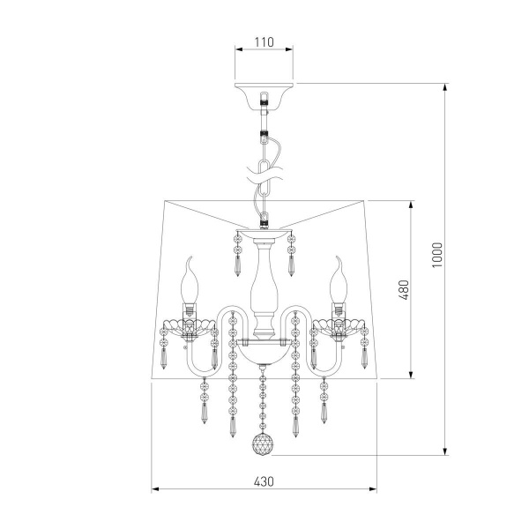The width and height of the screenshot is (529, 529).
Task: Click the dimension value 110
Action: point(264,42)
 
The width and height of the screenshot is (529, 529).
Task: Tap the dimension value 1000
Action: point(437,255)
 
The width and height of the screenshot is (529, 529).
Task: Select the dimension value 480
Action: point(404,290)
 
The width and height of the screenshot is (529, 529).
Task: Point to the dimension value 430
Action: point(264,481)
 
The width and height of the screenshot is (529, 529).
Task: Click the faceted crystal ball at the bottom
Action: point(264,444)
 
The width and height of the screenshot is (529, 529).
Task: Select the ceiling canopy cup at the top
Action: point(264,96)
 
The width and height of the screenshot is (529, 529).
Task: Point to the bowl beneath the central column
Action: point(264,353)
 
